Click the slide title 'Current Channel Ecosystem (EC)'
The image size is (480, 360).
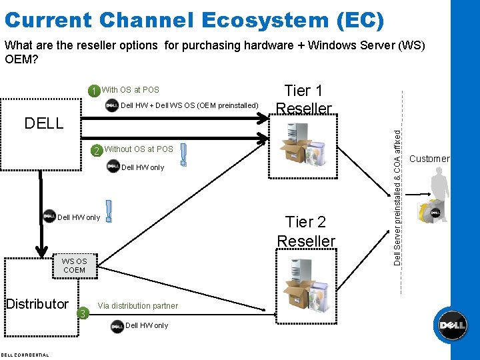(x=197, y=19)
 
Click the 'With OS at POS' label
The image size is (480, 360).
(x=131, y=90)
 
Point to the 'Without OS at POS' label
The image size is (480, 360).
(x=139, y=149)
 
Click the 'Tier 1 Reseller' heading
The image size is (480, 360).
(x=303, y=99)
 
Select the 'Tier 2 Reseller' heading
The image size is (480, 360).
(x=306, y=231)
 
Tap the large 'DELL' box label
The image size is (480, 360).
(x=44, y=123)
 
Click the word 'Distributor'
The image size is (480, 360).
(x=37, y=304)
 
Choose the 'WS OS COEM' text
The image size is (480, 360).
(x=74, y=265)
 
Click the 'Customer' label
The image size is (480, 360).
(x=429, y=159)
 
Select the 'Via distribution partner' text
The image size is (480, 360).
(x=138, y=306)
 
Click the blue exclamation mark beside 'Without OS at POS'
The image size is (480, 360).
(x=183, y=156)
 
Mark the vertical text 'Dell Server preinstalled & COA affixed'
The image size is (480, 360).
(x=398, y=197)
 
